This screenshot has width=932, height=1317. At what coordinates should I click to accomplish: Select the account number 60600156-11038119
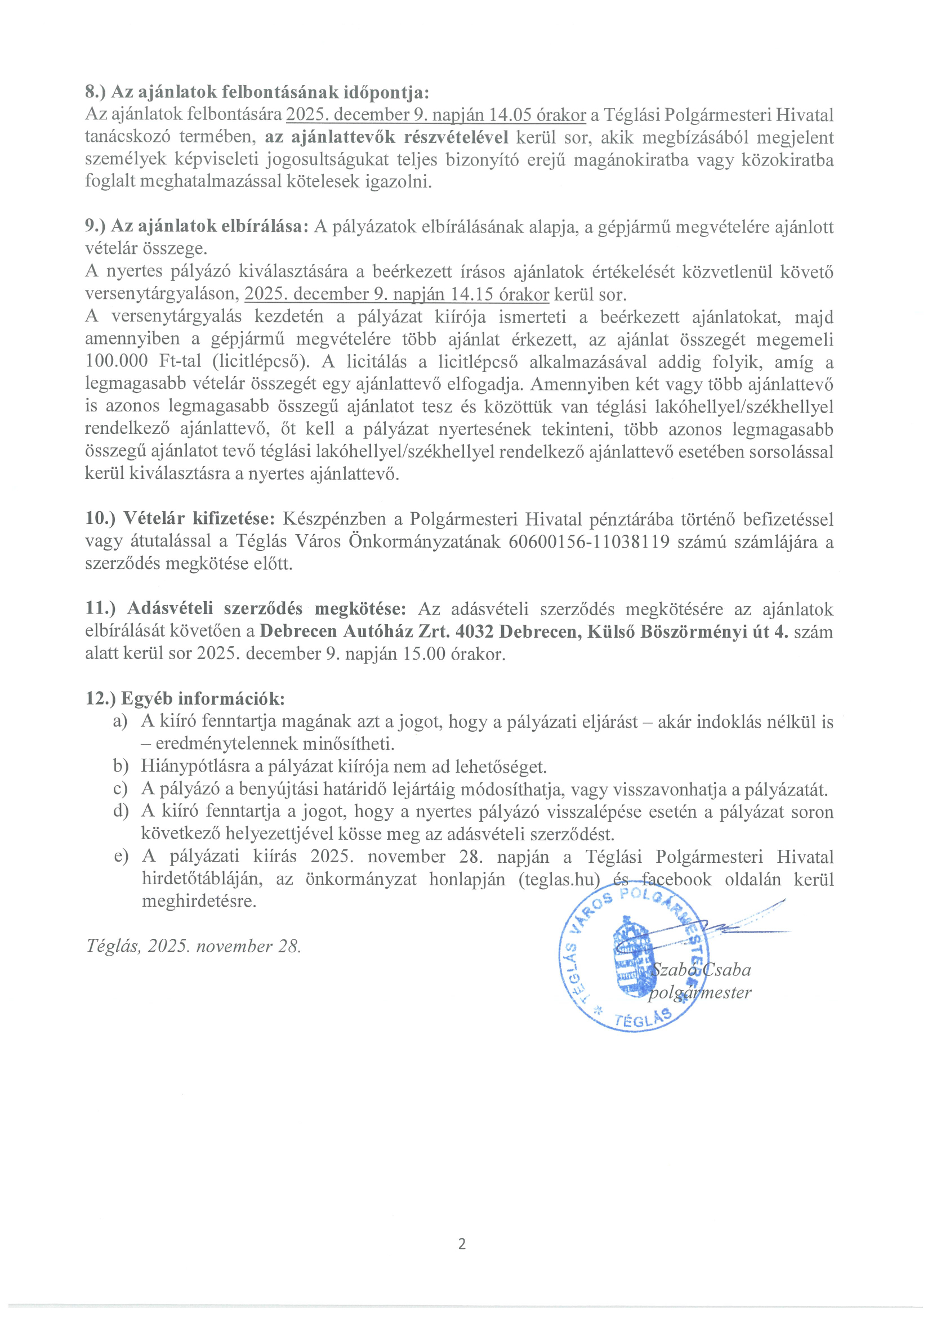coord(589,542)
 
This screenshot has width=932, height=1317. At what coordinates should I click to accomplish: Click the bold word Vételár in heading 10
coord(154,519)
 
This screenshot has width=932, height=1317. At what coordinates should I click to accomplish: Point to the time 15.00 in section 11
coord(424,654)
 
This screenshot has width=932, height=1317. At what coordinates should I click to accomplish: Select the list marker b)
coord(120,767)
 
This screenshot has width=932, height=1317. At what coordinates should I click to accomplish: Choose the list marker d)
coord(120,812)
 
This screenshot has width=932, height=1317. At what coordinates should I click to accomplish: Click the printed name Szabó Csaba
coord(701,970)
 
